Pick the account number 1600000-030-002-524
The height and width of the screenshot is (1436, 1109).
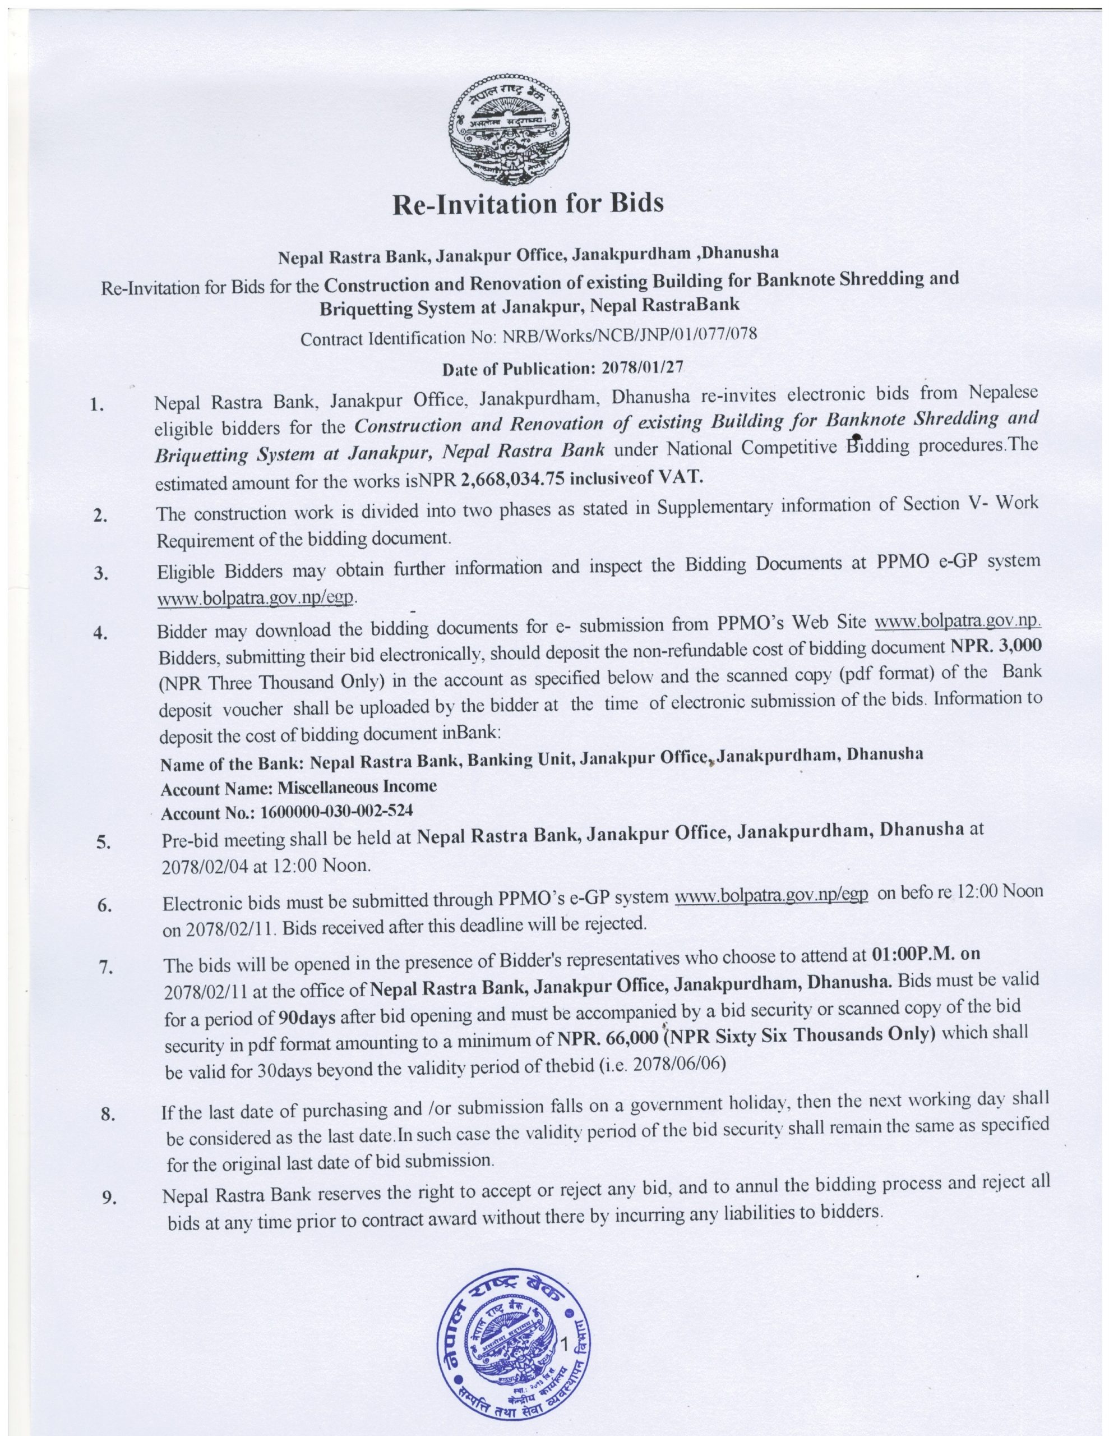coord(336,811)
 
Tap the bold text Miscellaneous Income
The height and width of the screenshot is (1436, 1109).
coord(357,786)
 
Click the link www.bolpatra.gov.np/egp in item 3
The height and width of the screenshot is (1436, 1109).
coord(256,599)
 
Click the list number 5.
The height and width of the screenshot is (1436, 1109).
coord(103,844)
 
